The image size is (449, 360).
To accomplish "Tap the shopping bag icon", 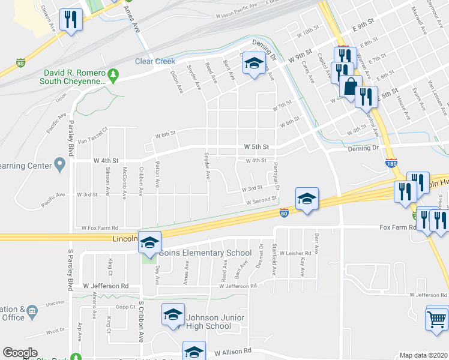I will (351, 86).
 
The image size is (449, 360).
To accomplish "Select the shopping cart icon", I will (436, 318).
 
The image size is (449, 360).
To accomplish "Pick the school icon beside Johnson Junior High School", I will (173, 316).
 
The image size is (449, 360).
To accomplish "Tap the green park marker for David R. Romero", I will (113, 76).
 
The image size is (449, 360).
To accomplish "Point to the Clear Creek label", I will (155, 61).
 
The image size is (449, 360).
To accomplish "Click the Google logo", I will (20, 353).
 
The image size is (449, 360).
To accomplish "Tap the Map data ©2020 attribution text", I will (423, 355).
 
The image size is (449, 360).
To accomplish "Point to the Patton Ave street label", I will (158, 173).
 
